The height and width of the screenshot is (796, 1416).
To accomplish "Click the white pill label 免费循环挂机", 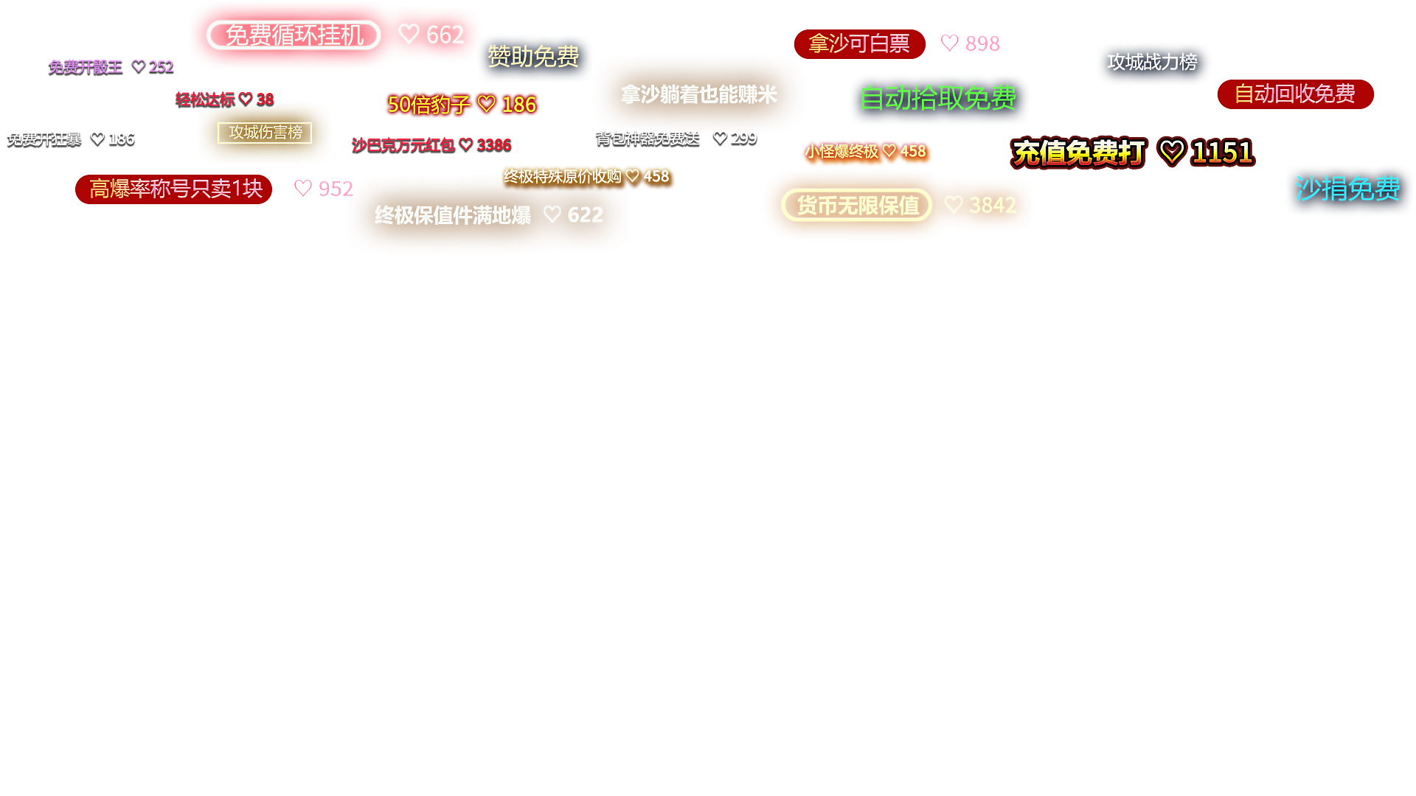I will [294, 35].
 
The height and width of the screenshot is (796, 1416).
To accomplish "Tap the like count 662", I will [444, 35].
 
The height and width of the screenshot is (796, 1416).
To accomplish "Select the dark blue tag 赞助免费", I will [534, 57].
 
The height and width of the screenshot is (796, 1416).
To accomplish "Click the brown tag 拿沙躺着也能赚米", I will [698, 95].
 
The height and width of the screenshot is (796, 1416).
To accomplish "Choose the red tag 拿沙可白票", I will [859, 44].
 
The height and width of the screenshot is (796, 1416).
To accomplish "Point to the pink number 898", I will [982, 44].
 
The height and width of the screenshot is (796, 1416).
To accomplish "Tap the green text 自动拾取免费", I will [938, 98].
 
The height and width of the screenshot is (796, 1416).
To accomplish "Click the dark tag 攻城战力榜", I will [1152, 63].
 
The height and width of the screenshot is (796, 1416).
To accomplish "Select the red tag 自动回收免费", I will [1294, 94].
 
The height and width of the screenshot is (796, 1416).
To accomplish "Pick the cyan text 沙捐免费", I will [1347, 189].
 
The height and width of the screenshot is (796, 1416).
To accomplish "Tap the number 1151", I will [1222, 153].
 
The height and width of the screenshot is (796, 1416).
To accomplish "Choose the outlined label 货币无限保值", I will [857, 206].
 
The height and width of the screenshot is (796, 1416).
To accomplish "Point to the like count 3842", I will [992, 205].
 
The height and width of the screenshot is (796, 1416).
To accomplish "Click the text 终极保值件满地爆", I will [453, 215].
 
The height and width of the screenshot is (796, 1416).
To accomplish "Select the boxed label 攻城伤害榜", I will [265, 133].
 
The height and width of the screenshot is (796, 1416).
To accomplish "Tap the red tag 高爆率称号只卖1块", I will [175, 189].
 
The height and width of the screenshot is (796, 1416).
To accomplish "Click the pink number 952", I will [335, 189].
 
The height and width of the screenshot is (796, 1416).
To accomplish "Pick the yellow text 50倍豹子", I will [428, 105].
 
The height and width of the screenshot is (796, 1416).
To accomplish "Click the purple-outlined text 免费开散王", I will [86, 68].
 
